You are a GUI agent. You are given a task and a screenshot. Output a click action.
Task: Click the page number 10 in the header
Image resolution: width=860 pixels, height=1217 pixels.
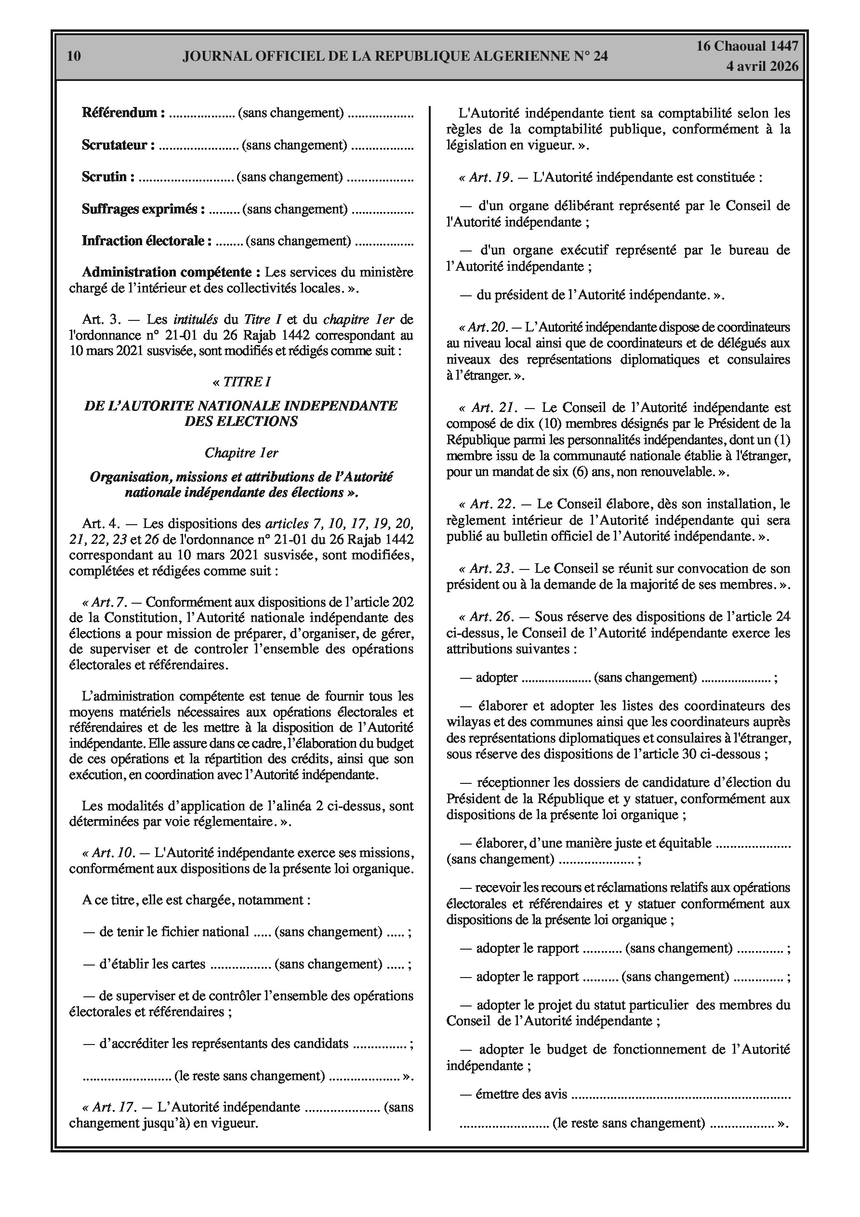(74, 56)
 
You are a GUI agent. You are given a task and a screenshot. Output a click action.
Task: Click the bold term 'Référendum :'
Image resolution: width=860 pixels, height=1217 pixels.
(123, 113)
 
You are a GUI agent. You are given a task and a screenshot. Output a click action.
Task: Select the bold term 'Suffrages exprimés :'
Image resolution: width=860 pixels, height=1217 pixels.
(143, 210)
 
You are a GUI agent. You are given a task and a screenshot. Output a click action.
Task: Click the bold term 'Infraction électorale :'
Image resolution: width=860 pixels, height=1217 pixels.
(146, 241)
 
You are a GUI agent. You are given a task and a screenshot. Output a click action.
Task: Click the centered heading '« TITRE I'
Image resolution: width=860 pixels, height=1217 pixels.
(241, 382)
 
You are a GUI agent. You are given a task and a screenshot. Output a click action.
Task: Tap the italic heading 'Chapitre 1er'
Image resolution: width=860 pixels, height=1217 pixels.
(241, 453)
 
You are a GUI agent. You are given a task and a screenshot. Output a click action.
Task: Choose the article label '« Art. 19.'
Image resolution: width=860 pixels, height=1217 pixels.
(486, 178)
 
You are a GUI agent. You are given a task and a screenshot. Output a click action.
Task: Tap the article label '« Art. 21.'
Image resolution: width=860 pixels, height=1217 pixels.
(487, 408)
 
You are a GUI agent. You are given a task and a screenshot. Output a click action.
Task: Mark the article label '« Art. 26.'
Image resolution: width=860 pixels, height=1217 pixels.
(486, 617)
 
